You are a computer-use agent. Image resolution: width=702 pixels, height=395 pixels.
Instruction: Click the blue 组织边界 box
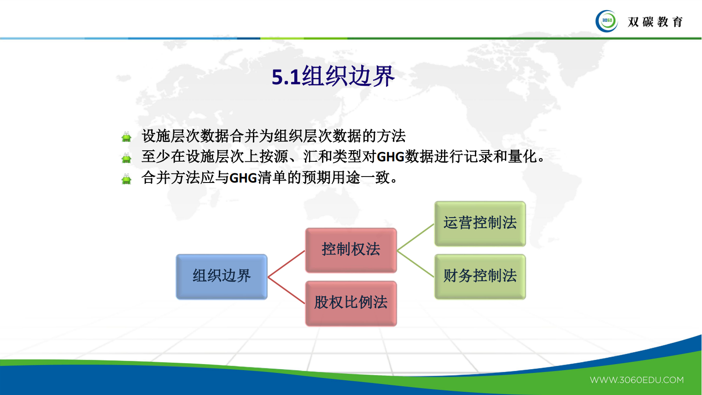222,277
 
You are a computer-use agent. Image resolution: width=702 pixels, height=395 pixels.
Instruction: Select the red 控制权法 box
351,250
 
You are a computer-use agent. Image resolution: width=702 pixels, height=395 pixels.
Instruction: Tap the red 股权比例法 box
351,303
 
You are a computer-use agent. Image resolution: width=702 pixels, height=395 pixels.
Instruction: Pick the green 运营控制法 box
480,224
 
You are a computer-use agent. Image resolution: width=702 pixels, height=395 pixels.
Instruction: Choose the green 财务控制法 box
480,277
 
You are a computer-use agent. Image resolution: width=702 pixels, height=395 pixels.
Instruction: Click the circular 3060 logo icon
607,21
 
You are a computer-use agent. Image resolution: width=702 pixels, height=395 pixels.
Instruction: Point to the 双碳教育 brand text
655,22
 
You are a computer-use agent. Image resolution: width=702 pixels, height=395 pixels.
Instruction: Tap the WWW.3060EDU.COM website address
637,380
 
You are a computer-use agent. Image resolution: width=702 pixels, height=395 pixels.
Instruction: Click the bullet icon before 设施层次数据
126,137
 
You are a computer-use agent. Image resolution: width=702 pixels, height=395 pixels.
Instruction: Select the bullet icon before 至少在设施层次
126,158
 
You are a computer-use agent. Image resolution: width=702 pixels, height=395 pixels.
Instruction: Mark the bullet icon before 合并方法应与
126,179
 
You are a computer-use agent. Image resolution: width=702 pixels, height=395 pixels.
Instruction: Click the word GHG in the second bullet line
390,157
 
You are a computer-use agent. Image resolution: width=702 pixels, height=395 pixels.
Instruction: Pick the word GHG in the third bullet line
243,178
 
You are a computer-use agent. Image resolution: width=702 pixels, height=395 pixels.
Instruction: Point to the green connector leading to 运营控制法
416,237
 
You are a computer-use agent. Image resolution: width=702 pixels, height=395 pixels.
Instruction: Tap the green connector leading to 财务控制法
416,264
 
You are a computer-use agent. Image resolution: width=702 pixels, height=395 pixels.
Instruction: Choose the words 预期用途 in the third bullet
331,177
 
